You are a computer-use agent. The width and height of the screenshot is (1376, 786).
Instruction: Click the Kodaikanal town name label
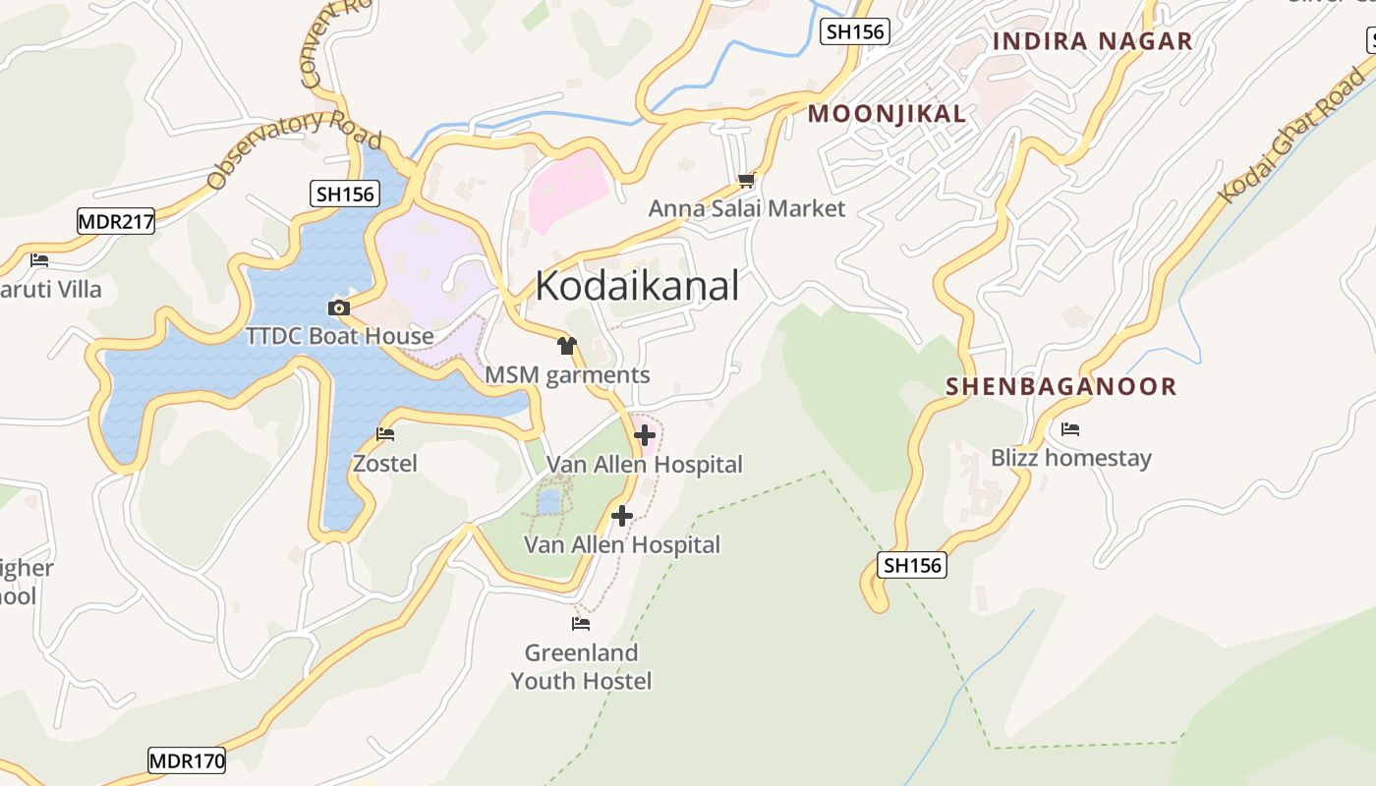click(637, 286)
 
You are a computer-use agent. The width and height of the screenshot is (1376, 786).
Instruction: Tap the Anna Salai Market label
click(746, 208)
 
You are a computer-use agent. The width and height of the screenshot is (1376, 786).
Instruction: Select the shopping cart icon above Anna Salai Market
click(746, 180)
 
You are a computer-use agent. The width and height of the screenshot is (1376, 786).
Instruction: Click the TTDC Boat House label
click(339, 336)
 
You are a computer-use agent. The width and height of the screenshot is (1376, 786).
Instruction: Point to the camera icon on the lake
click(339, 309)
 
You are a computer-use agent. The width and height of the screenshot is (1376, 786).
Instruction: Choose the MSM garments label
click(567, 374)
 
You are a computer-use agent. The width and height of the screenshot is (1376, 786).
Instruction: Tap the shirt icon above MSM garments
click(566, 345)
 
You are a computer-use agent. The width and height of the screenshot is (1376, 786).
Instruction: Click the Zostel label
click(385, 463)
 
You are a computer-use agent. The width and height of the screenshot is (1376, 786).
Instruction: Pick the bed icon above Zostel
click(385, 433)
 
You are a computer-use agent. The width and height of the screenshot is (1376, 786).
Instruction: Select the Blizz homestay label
click(1070, 458)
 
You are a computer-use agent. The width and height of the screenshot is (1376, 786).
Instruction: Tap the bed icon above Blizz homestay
click(1070, 429)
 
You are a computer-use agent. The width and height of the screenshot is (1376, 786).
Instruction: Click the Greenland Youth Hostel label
click(581, 666)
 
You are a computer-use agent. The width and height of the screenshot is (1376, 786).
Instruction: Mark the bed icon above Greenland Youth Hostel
click(581, 623)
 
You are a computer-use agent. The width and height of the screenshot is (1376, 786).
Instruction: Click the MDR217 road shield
click(116, 221)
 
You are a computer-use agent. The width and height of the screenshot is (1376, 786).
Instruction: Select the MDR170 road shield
click(187, 759)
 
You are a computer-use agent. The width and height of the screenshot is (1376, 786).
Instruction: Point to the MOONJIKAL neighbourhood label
click(887, 114)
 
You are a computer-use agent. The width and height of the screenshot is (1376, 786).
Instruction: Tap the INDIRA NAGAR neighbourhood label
click(1092, 41)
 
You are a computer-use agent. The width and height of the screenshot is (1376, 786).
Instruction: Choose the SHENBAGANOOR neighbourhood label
click(1061, 386)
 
